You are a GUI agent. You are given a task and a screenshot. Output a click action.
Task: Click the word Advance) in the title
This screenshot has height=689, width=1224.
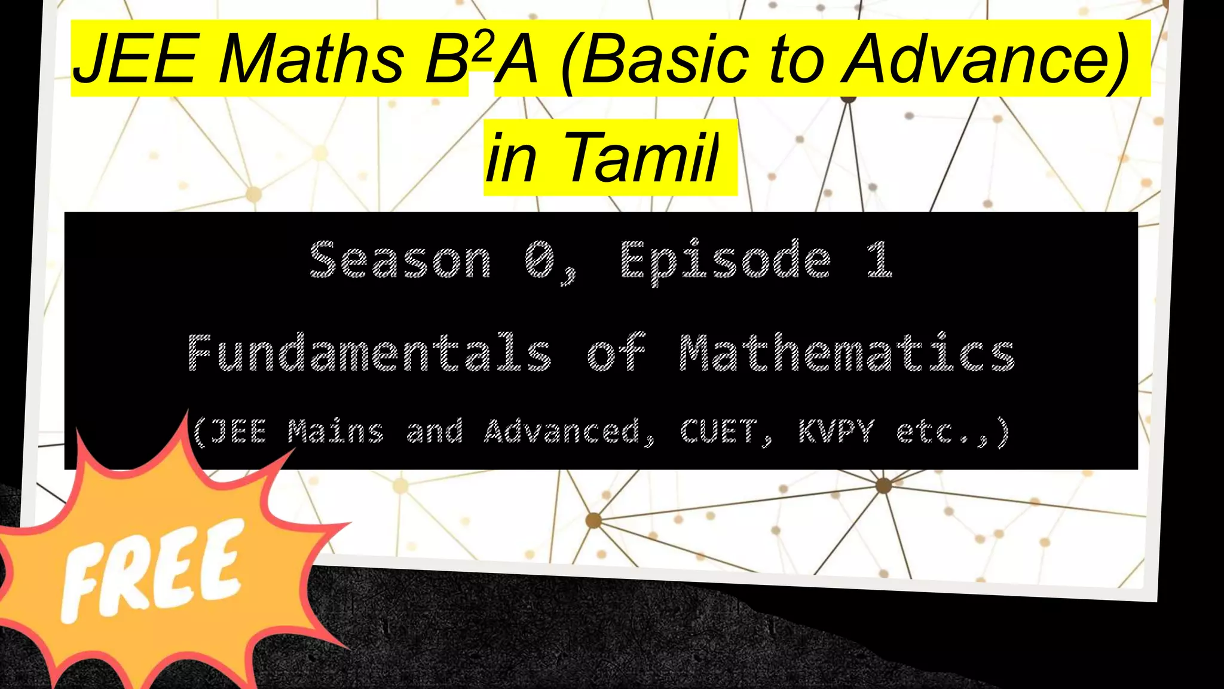986,59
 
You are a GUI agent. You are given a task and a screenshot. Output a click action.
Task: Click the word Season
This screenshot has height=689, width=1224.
400,260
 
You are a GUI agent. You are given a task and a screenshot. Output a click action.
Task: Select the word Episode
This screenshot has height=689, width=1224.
726,260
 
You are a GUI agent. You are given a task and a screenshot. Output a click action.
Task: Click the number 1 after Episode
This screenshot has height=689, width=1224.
880,260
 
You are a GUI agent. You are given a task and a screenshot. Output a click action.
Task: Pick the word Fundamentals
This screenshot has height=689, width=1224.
369,353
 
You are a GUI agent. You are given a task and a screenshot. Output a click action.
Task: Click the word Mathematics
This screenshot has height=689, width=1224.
847,353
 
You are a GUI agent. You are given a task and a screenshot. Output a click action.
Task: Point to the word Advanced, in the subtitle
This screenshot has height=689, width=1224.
568,431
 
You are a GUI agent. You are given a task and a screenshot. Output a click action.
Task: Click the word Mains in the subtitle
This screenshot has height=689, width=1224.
336,431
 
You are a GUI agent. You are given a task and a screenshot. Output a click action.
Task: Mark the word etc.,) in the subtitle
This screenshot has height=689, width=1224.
953,431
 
